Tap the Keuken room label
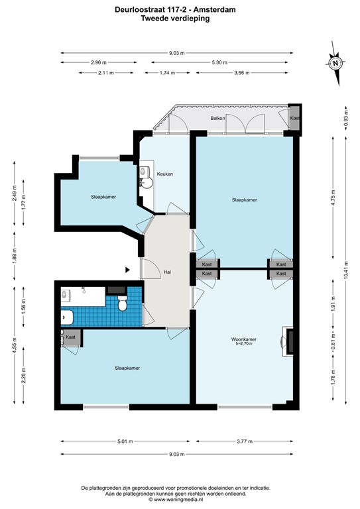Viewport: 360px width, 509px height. click(x=165, y=174)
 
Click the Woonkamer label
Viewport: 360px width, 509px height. click(x=245, y=339)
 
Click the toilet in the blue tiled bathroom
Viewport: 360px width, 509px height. click(x=122, y=304)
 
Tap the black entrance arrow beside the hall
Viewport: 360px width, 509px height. click(x=128, y=270)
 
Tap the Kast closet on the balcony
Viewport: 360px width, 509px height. click(x=295, y=119)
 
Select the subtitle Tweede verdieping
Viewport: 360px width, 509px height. click(x=176, y=19)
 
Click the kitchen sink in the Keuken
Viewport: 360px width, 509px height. click(x=146, y=177)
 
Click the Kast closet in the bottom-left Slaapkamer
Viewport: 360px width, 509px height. click(x=71, y=337)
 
